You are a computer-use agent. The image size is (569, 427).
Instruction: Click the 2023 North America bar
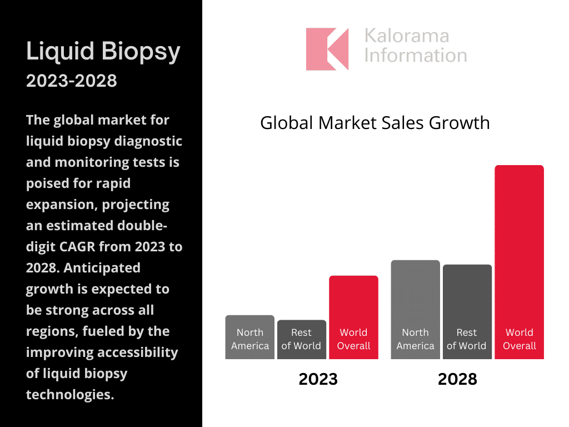(x=249, y=337)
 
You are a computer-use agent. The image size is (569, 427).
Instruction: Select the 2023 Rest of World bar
(x=301, y=339)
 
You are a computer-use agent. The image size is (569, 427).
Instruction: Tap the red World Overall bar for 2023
(x=353, y=317)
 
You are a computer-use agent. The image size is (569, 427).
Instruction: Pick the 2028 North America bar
(x=415, y=309)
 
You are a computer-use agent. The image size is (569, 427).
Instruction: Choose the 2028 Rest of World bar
(x=467, y=311)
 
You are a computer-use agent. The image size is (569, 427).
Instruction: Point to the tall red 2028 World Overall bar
(x=519, y=261)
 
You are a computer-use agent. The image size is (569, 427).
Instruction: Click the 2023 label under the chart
(x=318, y=379)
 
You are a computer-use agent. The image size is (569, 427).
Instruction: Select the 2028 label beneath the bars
(x=457, y=379)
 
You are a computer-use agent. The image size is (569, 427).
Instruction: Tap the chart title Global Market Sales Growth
(x=375, y=122)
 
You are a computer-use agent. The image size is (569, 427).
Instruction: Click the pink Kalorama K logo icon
(x=327, y=49)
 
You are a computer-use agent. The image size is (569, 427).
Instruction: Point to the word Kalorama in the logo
(x=406, y=37)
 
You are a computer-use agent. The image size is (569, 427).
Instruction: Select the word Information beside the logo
(x=415, y=56)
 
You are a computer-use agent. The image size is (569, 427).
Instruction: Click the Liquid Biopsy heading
(x=103, y=52)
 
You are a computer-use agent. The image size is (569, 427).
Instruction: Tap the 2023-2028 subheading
(x=72, y=81)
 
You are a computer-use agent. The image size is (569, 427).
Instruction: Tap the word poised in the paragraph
(x=49, y=183)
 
